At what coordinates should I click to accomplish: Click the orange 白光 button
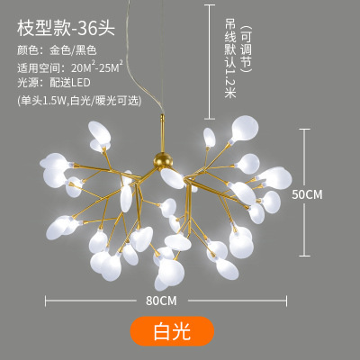tap(172, 331)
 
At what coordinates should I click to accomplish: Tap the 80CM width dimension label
tap(161, 301)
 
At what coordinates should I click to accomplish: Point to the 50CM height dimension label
tap(307, 194)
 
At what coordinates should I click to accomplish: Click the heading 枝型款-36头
tap(66, 29)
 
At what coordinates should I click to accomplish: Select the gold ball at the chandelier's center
tap(164, 160)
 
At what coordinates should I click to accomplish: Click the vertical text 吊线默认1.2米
tap(230, 58)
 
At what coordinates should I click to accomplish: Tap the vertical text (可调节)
tap(246, 49)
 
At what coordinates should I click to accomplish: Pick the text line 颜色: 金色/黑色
tap(57, 50)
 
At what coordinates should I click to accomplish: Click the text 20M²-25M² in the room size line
tap(97, 67)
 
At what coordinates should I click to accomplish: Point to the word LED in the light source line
tap(79, 83)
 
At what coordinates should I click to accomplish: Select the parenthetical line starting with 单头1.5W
tap(79, 101)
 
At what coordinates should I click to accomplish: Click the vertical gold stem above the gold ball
tap(162, 134)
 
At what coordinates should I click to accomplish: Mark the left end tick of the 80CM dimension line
tap(45, 301)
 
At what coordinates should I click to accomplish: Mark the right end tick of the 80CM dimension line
tap(286, 301)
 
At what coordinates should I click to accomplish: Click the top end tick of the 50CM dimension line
tap(304, 129)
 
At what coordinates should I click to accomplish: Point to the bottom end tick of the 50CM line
tap(304, 256)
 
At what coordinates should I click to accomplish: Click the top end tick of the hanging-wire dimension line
tap(209, 4)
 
